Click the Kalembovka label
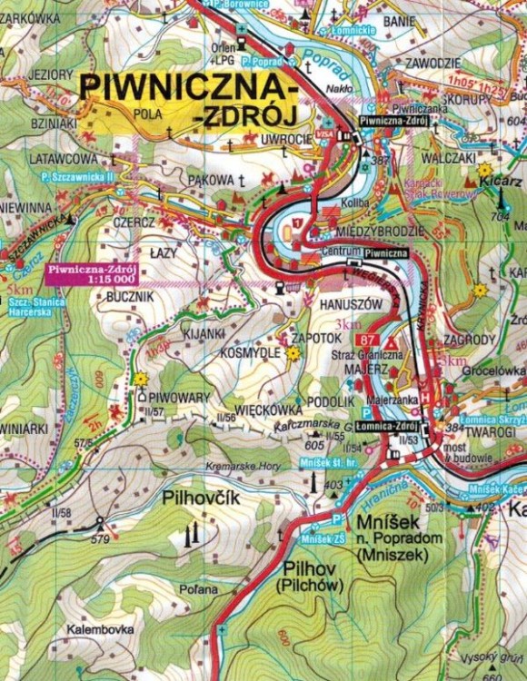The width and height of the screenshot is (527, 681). pos(99,628)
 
